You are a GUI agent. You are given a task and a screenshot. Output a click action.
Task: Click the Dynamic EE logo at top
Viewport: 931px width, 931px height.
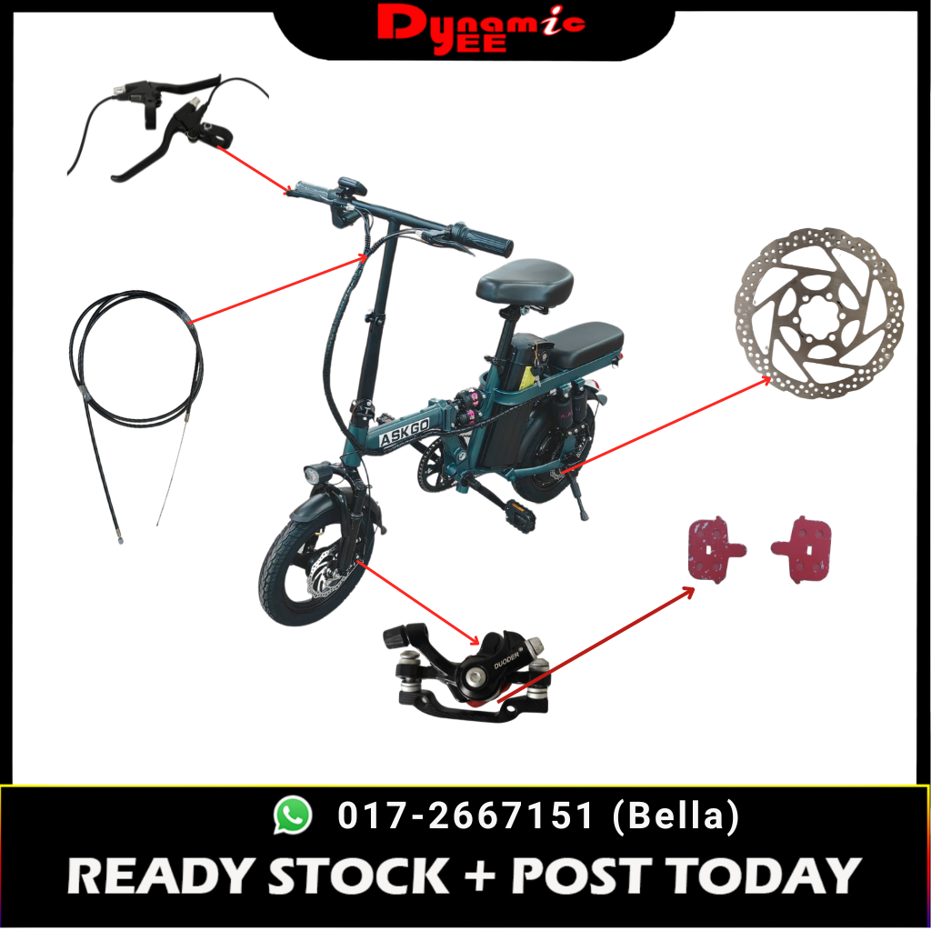481,30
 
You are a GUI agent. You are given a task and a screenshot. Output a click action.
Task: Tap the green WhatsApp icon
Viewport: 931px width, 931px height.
292,815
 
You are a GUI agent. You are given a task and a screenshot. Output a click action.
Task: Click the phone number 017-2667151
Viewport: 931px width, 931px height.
465,815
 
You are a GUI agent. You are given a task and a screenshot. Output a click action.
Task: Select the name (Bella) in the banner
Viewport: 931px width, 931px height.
676,816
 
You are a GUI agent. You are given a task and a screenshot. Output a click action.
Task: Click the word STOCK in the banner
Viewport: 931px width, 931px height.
358,876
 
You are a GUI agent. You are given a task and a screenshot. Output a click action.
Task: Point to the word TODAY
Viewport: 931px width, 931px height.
763,876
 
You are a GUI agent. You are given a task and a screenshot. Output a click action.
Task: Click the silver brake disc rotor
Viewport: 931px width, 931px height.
819,313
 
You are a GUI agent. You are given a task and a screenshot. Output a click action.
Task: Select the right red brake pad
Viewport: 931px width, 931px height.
802,549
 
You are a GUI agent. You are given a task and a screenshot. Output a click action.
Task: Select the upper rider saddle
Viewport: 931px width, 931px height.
525,279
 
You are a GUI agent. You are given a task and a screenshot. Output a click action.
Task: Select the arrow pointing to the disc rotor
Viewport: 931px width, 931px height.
666,425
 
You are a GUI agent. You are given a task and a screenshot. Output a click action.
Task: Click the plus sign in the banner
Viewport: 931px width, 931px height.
480,876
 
